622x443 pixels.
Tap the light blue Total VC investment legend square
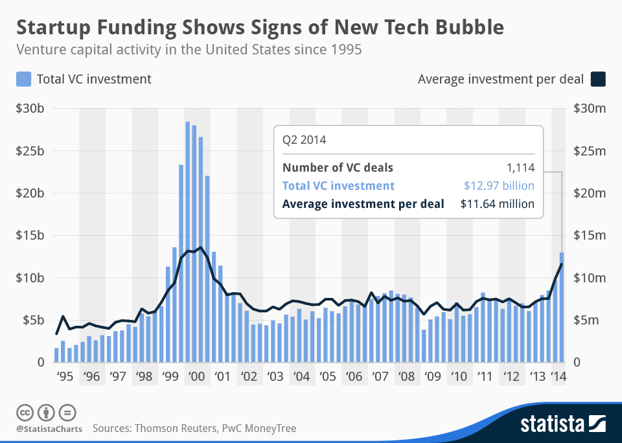23,79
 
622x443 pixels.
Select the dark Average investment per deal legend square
597,79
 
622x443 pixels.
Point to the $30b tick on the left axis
30,109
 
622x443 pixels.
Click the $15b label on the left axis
30,236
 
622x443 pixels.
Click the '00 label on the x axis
195,377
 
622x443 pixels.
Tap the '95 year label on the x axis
63,377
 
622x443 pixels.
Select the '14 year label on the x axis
557,377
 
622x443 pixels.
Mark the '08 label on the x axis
406,377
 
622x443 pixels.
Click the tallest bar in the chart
187,242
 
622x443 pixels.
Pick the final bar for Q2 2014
562,308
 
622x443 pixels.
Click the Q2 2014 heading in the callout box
304,139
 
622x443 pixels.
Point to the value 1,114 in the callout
520,168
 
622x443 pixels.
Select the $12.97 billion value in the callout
498,186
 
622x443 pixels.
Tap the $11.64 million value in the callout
497,204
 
